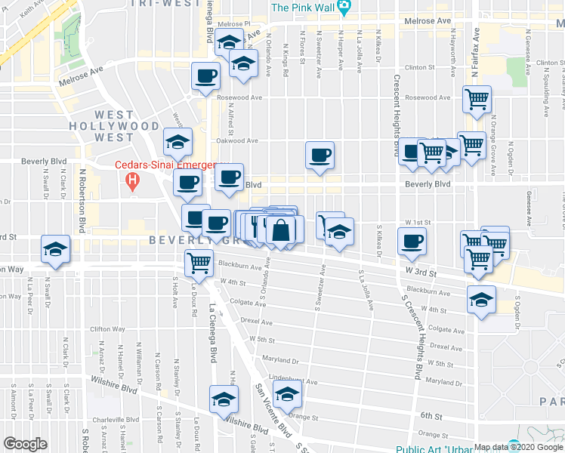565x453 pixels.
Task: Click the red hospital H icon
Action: (x=132, y=182)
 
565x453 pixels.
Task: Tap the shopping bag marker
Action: (x=280, y=231)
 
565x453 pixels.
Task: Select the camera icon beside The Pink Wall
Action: (x=344, y=8)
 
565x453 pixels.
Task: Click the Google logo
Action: (x=25, y=444)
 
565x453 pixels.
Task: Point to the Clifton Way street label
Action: (x=107, y=329)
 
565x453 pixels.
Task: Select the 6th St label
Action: (x=431, y=416)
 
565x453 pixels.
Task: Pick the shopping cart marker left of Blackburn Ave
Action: (x=199, y=263)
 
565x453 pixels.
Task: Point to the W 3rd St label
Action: (x=421, y=270)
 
